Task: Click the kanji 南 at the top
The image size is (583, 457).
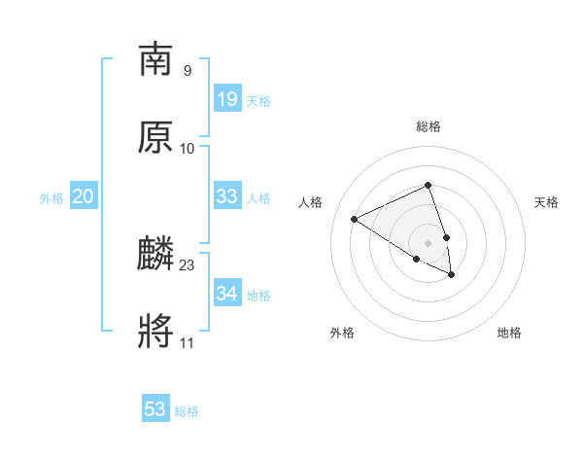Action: coord(155,59)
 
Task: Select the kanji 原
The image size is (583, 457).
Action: coord(155,137)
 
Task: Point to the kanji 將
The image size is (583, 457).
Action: coord(155,333)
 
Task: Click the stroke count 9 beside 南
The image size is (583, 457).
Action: coord(188,70)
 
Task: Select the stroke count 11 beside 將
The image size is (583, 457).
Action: coord(188,342)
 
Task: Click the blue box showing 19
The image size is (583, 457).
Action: coord(227,99)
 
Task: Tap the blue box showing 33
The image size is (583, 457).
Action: coord(227,196)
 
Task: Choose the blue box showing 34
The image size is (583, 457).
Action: coord(227,294)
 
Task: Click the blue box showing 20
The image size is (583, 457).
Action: coord(84,196)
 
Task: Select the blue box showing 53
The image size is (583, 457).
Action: coord(155,409)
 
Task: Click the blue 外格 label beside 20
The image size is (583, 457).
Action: coord(51,198)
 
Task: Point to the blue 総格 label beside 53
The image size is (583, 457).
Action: coord(187,411)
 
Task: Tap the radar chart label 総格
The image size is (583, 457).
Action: coord(429,126)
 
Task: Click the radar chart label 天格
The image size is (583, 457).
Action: coord(546,202)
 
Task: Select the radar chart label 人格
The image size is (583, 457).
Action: coord(311,202)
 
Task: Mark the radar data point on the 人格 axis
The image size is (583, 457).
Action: coord(355,220)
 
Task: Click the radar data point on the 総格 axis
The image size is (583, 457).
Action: coord(429,185)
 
